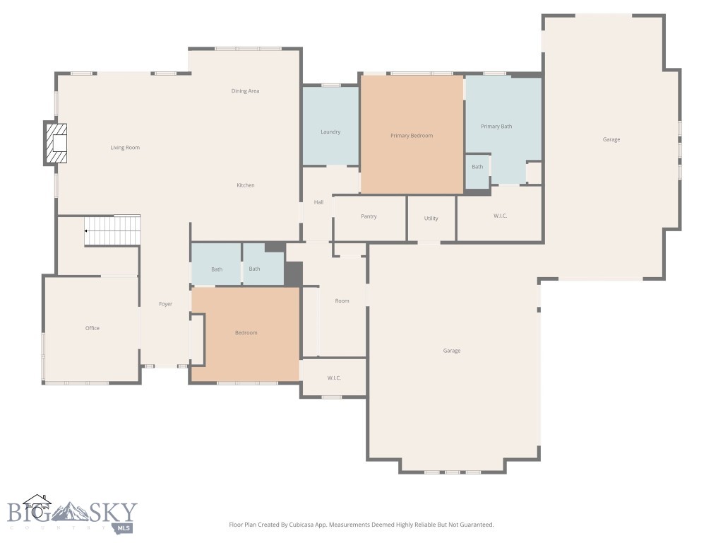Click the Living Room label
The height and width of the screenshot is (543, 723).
pyautogui.click(x=125, y=148)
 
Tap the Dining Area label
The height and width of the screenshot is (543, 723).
pyautogui.click(x=245, y=91)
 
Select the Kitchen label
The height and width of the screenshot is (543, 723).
pyautogui.click(x=245, y=185)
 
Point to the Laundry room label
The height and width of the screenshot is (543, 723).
pyautogui.click(x=330, y=132)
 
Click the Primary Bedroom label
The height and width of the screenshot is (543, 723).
pyautogui.click(x=412, y=136)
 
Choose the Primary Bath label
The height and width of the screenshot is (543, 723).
pyautogui.click(x=496, y=127)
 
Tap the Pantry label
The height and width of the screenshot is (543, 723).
pyautogui.click(x=369, y=216)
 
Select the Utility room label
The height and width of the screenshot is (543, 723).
pyautogui.click(x=431, y=218)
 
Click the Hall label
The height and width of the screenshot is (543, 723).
pyautogui.click(x=318, y=202)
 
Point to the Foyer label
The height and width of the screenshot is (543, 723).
pyautogui.click(x=165, y=304)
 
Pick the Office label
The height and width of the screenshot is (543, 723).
pyautogui.click(x=92, y=328)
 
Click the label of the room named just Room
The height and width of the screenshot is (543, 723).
pyautogui.click(x=342, y=301)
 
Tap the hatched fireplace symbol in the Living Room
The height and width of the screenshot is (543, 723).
pyautogui.click(x=56, y=144)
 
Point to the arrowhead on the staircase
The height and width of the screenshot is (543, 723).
pyautogui.click(x=86, y=230)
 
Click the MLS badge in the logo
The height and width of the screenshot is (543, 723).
pyautogui.click(x=124, y=527)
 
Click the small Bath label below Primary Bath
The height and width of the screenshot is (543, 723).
pyautogui.click(x=478, y=167)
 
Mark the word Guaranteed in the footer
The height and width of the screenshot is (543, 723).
pyautogui.click(x=475, y=525)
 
